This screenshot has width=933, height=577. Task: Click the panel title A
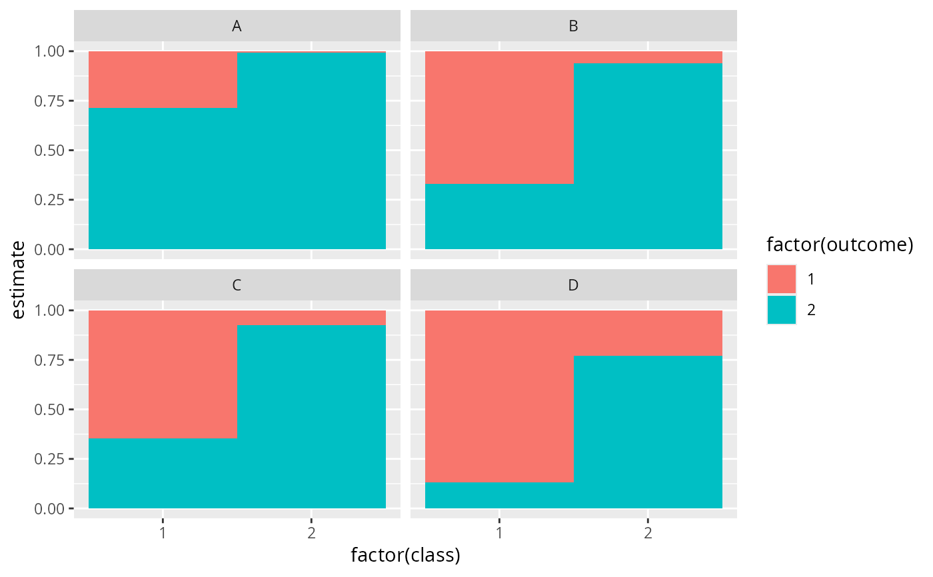pos(237,26)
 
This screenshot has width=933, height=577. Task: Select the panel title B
pos(573,26)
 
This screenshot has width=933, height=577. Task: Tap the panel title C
pos(237,285)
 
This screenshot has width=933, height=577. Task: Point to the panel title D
pos(573,285)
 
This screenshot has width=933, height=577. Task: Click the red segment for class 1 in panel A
pos(163,79)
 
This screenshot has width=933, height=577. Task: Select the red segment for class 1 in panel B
pos(499,117)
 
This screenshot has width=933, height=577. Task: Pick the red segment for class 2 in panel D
pos(648,333)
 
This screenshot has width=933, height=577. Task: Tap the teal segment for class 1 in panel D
pos(499,495)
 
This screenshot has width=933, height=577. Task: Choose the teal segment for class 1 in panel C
pos(163,473)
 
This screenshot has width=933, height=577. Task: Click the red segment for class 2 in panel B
pos(648,57)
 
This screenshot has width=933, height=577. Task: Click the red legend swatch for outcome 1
pos(781,279)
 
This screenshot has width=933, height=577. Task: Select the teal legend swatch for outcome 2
pos(781,310)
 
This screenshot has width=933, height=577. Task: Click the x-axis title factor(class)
pos(405,555)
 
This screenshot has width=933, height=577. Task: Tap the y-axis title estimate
pos(21,280)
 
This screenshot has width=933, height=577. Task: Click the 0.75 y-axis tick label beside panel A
pos(49,101)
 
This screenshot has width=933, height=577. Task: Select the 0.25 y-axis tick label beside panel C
pos(49,459)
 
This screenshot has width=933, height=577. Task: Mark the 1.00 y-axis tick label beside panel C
pos(49,310)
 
